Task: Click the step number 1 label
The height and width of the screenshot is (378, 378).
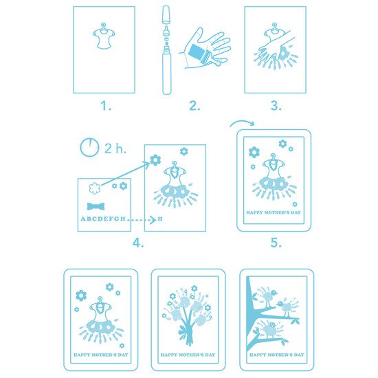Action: pyautogui.click(x=106, y=106)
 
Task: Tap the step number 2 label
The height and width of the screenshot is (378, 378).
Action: pyautogui.click(x=194, y=106)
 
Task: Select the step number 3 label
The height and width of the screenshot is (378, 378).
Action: pyautogui.click(x=276, y=106)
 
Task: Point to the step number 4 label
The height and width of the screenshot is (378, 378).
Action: pyautogui.click(x=138, y=243)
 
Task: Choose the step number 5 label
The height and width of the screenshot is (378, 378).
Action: pyautogui.click(x=276, y=243)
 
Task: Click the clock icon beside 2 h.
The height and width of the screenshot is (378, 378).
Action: pyautogui.click(x=89, y=147)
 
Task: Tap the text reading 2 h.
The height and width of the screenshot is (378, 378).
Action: pyautogui.click(x=115, y=148)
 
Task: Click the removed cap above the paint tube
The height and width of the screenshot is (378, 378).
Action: pyautogui.click(x=166, y=14)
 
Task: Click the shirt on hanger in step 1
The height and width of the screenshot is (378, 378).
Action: pyautogui.click(x=104, y=36)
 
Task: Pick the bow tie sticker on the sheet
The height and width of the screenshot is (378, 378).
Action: pyautogui.click(x=96, y=206)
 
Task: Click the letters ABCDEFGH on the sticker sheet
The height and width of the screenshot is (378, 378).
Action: pyautogui.click(x=103, y=219)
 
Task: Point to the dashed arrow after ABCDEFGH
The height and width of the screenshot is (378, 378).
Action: pyautogui.click(x=142, y=220)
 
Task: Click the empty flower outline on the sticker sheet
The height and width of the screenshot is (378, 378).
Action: pyautogui.click(x=95, y=188)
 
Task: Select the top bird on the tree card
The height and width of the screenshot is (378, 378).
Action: pyautogui.click(x=268, y=297)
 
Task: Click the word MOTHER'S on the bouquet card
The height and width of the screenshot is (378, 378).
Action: pyautogui.click(x=189, y=355)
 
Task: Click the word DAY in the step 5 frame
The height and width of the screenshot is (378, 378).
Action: pyautogui.click(x=296, y=212)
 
